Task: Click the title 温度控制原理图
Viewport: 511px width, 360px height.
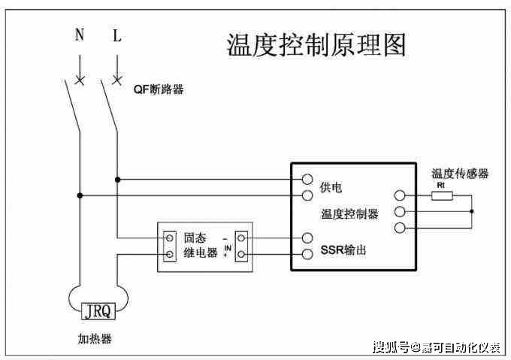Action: click(316, 45)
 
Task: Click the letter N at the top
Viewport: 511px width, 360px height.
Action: click(80, 35)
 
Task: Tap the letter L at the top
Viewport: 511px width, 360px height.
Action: click(116, 35)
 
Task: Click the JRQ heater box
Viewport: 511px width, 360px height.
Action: click(97, 309)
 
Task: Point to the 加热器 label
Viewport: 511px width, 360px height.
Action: click(95, 339)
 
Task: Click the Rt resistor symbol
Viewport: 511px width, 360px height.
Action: click(442, 196)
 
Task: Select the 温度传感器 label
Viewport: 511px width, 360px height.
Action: click(460, 174)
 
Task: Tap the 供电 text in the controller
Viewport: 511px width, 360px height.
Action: click(331, 186)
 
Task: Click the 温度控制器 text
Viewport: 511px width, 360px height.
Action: click(349, 214)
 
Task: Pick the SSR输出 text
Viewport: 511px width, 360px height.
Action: click(343, 250)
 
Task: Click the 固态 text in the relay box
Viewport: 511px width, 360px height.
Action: click(195, 238)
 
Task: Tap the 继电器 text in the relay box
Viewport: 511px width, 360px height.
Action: click(201, 253)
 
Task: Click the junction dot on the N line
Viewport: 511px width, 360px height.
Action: click(80, 196)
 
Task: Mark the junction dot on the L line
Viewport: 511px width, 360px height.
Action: click(116, 180)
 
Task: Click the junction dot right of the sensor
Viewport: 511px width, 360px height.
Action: click(472, 212)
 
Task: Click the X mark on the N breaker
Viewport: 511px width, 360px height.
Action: click(80, 78)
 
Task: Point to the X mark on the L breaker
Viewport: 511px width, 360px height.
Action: click(116, 78)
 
